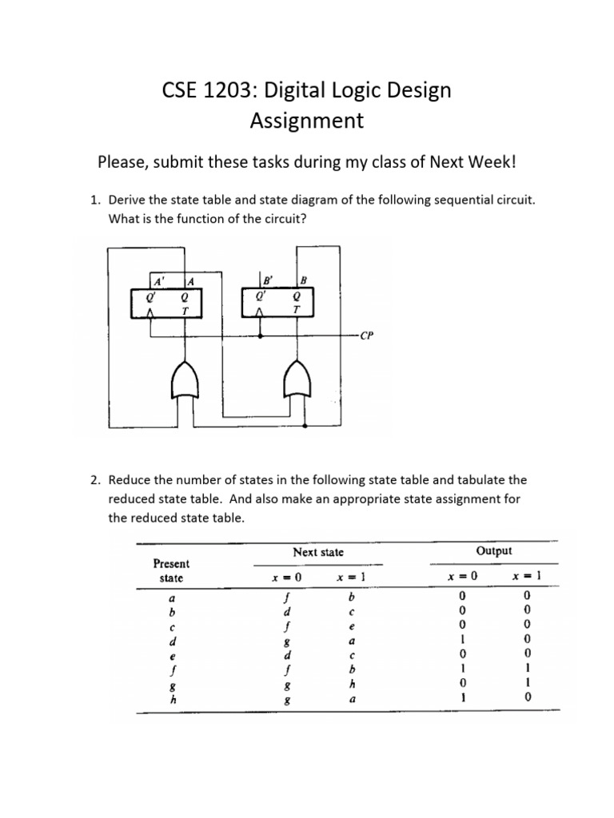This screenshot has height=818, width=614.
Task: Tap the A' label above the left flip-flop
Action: click(x=159, y=281)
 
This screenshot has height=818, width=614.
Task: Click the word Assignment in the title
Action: click(x=307, y=121)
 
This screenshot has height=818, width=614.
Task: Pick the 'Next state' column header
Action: click(x=318, y=552)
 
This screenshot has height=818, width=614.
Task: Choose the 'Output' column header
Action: click(x=493, y=551)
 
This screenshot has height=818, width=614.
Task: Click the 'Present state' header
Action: click(x=171, y=570)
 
